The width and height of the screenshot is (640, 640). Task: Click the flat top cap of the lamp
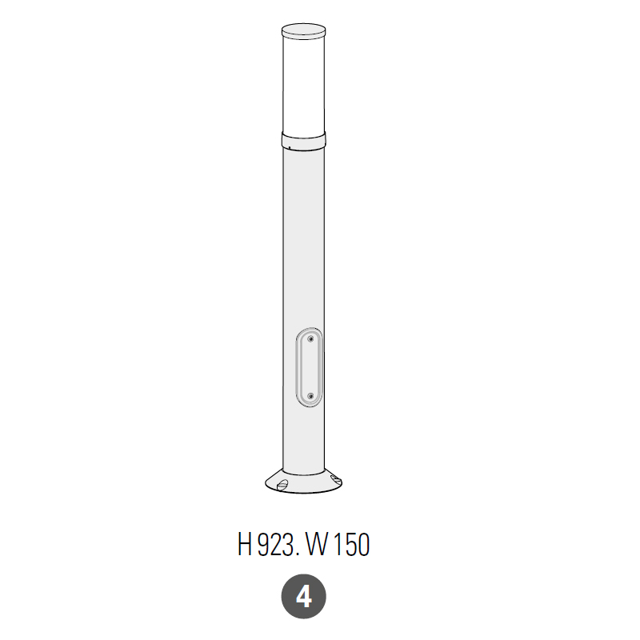click(x=304, y=31)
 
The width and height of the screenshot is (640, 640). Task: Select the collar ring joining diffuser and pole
click(x=304, y=141)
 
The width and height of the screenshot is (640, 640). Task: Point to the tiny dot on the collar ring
click(x=289, y=148)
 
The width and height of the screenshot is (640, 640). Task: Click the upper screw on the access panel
click(x=310, y=338)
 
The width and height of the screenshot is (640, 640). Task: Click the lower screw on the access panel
click(x=310, y=396)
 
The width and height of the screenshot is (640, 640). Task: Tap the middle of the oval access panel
click(x=310, y=367)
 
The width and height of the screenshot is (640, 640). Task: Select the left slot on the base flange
click(x=282, y=485)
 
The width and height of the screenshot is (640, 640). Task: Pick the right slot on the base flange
click(x=335, y=480)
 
